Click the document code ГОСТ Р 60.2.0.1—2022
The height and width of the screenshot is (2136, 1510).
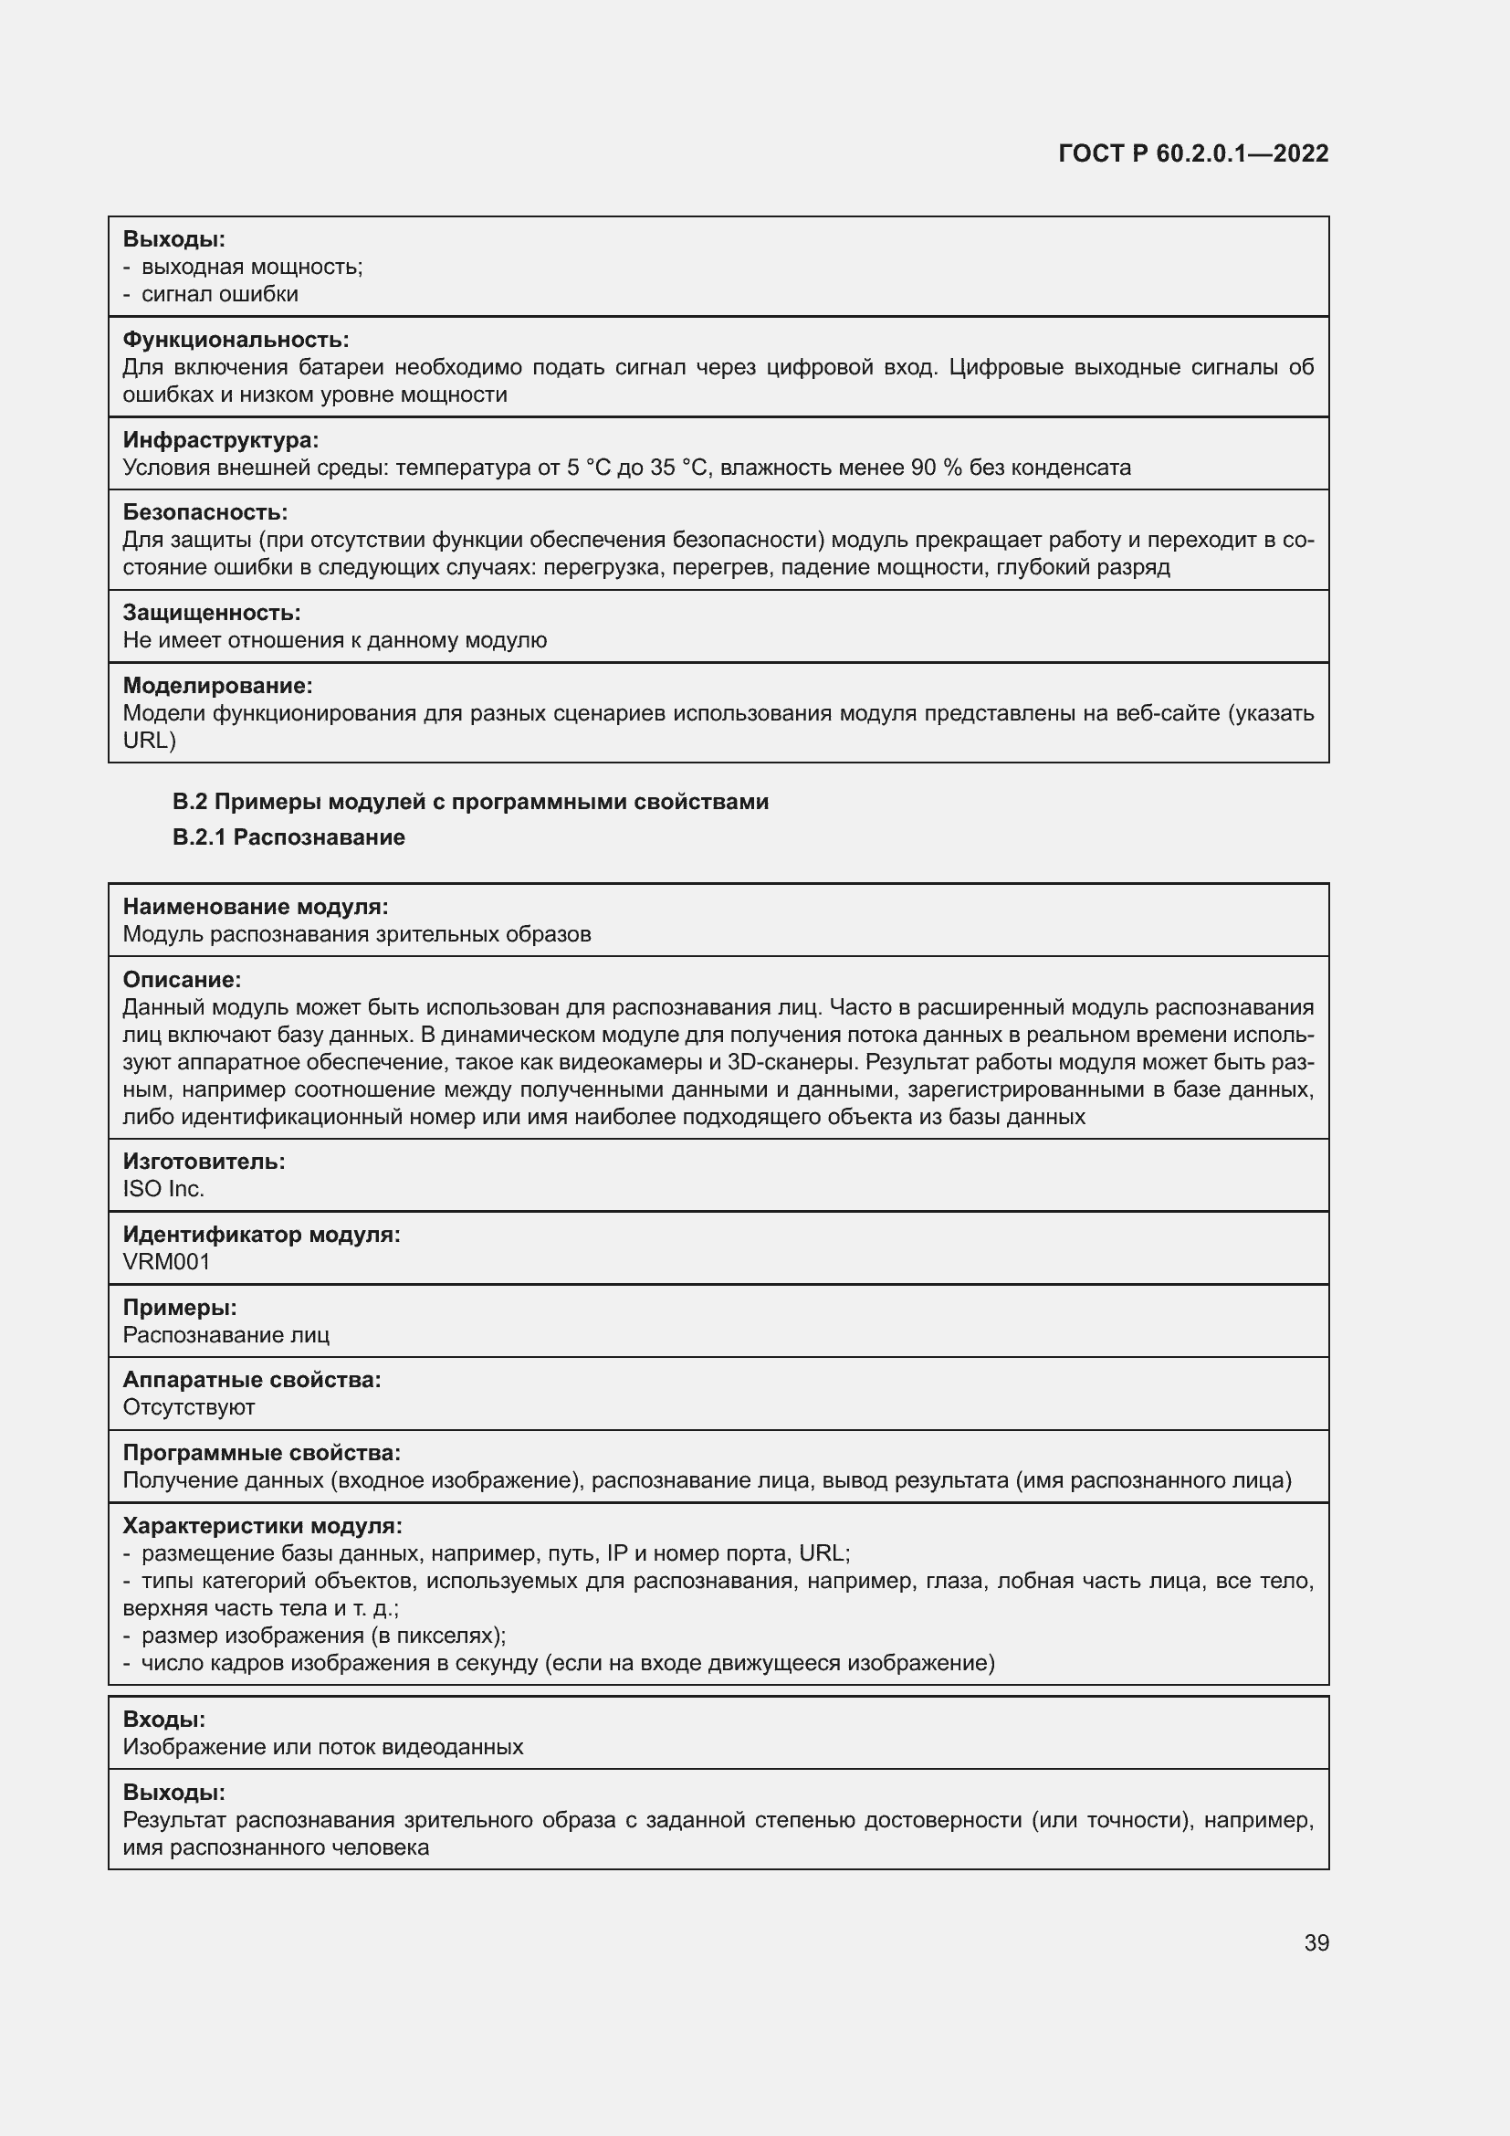click(x=1193, y=154)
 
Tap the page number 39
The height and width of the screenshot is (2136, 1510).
click(x=1316, y=1942)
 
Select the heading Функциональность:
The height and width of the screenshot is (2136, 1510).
click(x=236, y=340)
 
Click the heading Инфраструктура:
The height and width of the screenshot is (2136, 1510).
click(x=220, y=440)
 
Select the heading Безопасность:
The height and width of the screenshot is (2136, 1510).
click(x=204, y=512)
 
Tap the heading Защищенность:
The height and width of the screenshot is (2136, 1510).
click(x=211, y=613)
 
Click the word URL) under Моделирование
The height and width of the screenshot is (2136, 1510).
click(x=149, y=740)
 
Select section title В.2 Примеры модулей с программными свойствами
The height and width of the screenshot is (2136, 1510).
click(x=470, y=802)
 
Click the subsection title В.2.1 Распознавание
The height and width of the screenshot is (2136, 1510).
click(x=288, y=837)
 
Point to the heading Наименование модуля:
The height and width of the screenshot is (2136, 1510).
click(x=255, y=907)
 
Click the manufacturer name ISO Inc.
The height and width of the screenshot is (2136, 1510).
click(x=163, y=1189)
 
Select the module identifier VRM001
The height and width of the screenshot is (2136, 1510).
click(x=166, y=1261)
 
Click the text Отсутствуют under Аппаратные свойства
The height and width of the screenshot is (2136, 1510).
click(x=189, y=1407)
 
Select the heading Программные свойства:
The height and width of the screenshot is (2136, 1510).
click(x=261, y=1453)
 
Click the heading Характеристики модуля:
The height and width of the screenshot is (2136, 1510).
click(x=262, y=1526)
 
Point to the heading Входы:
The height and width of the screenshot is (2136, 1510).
click(x=163, y=1720)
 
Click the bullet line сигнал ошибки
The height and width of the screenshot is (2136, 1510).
click(x=219, y=294)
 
